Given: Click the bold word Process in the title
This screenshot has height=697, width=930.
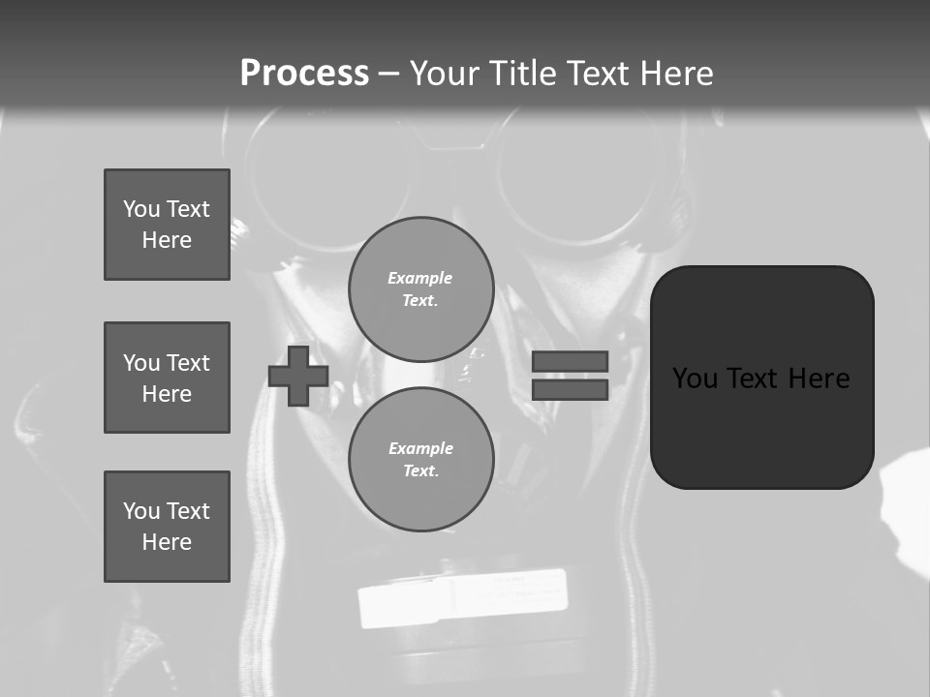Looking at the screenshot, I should click(304, 74).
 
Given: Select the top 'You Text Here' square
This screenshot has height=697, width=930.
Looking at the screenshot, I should click(167, 225).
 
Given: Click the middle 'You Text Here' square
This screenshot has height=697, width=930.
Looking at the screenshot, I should click(167, 378).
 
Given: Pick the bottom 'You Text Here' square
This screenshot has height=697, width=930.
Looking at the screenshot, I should click(167, 527).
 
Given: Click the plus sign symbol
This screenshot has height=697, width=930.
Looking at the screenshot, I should click(297, 376).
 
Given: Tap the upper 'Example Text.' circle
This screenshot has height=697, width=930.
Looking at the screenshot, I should click(421, 289).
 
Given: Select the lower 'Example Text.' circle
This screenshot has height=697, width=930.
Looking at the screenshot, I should click(421, 460).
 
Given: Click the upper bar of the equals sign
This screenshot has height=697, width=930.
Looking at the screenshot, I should click(570, 361).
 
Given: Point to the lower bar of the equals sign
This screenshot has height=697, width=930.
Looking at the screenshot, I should click(570, 390).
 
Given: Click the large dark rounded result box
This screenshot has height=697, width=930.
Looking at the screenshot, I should click(761, 378).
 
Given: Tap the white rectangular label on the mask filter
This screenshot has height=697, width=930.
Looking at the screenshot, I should click(463, 597).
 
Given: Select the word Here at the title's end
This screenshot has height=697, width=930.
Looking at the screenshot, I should click(672, 74).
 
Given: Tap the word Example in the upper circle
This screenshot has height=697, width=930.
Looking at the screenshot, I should click(420, 278).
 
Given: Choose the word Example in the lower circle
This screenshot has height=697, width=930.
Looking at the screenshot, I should click(420, 448).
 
